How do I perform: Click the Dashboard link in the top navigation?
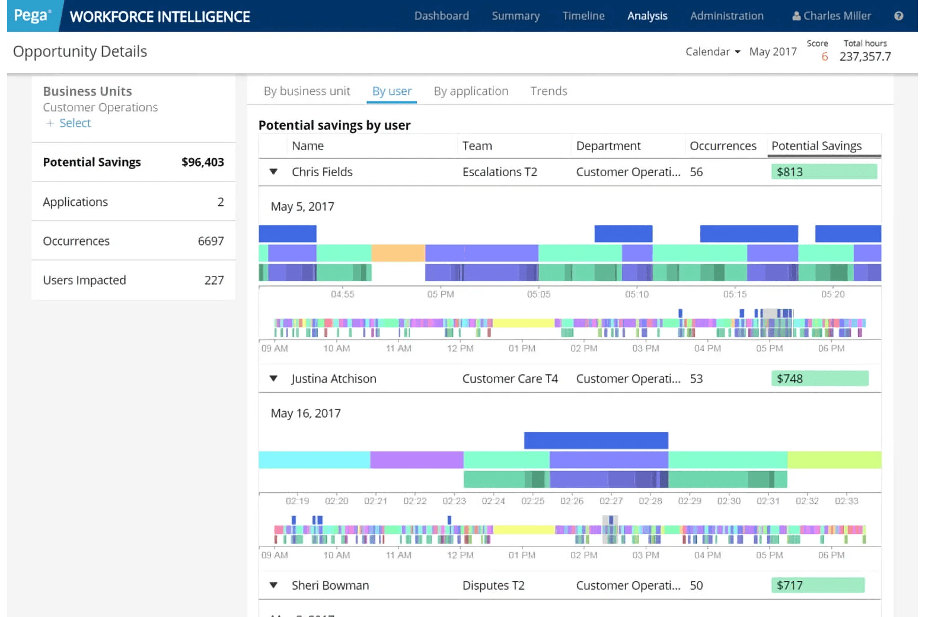441,16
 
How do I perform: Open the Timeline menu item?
583,16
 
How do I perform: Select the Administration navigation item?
726,16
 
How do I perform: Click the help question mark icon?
899,16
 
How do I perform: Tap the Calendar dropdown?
713,52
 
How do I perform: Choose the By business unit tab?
307,91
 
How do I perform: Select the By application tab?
471,91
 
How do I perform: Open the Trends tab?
548,91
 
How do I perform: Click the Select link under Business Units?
75,123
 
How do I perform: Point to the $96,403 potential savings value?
202,163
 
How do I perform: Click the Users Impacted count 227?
213,281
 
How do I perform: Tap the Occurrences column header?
723,146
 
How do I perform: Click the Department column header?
608,146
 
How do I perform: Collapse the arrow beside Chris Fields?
273,172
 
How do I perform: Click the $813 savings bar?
824,172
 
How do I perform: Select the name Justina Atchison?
334,379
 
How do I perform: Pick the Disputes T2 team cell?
493,586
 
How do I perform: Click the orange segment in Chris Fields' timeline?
398,253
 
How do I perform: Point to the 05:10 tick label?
636,294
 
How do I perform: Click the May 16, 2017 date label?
305,414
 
